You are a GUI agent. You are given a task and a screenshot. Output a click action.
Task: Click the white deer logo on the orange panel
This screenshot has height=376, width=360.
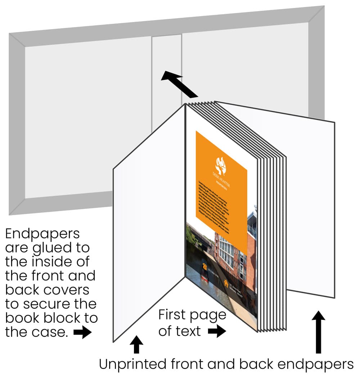click(x=220, y=166)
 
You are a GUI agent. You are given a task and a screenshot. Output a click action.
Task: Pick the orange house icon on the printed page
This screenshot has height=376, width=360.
click(x=226, y=283)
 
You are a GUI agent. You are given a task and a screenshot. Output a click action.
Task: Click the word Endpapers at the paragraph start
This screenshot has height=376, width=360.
click(x=42, y=234)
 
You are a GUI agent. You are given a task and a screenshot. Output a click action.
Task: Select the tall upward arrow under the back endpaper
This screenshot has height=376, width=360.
click(x=318, y=331)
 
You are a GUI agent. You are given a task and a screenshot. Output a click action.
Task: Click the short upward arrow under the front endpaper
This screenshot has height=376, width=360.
click(x=136, y=344)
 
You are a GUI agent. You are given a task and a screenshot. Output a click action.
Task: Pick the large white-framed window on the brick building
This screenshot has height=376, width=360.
click(x=227, y=252)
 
